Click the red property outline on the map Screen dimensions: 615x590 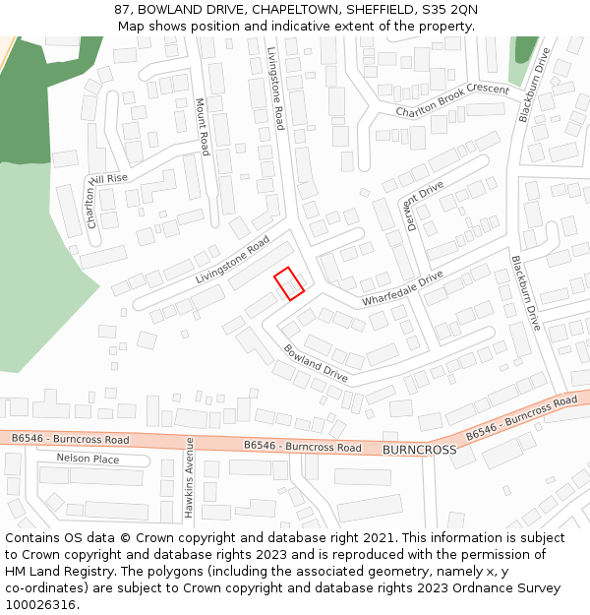[288, 283]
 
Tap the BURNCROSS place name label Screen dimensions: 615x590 [419, 449]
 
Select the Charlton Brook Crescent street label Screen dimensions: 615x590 [452, 101]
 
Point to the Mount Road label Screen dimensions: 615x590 [202, 126]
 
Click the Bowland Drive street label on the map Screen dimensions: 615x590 [316, 363]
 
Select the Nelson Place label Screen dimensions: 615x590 [88, 459]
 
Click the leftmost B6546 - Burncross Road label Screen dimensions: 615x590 [71, 439]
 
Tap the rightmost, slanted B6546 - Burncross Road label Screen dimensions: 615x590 [521, 418]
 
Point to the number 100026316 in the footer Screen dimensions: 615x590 [40, 604]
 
